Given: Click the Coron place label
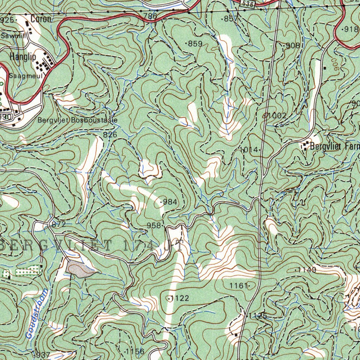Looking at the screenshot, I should click(x=41, y=19).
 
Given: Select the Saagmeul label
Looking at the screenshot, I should click(x=26, y=76).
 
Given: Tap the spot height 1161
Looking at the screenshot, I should click(x=239, y=286).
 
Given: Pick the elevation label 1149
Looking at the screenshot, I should click(x=307, y=270).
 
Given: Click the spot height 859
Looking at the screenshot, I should click(x=195, y=44).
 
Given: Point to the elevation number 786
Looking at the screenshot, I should click(x=150, y=16).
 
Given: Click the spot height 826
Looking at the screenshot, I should click(x=110, y=134).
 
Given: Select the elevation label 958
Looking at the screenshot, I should click(x=154, y=225).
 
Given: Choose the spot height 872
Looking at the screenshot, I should click(x=59, y=224).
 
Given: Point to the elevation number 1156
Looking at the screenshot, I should click(x=135, y=352).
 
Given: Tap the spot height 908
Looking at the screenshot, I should click(x=293, y=45).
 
